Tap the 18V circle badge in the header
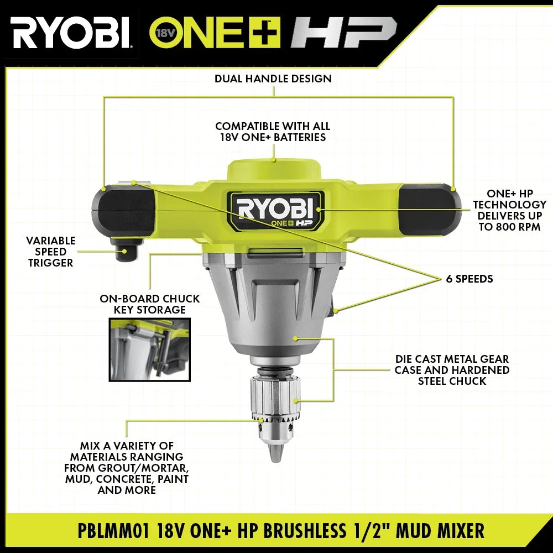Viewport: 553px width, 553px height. coord(163,33)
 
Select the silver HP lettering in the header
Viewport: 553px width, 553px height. coord(343,32)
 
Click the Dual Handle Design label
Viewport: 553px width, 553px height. coord(273,79)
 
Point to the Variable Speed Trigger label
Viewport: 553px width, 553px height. coord(51,252)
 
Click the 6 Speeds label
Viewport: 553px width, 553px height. coord(469,279)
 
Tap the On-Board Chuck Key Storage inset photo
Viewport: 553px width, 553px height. coord(149,349)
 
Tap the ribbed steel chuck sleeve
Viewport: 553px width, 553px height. coord(275,396)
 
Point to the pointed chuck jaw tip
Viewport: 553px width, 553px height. coord(275,453)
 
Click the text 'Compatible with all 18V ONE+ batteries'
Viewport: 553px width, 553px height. coord(273,132)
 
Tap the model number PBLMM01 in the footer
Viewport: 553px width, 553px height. coord(113,531)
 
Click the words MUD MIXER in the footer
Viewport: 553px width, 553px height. coord(440,531)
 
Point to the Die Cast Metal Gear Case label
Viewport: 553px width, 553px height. coord(452,369)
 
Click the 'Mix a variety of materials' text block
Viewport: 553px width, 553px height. coord(127,468)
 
